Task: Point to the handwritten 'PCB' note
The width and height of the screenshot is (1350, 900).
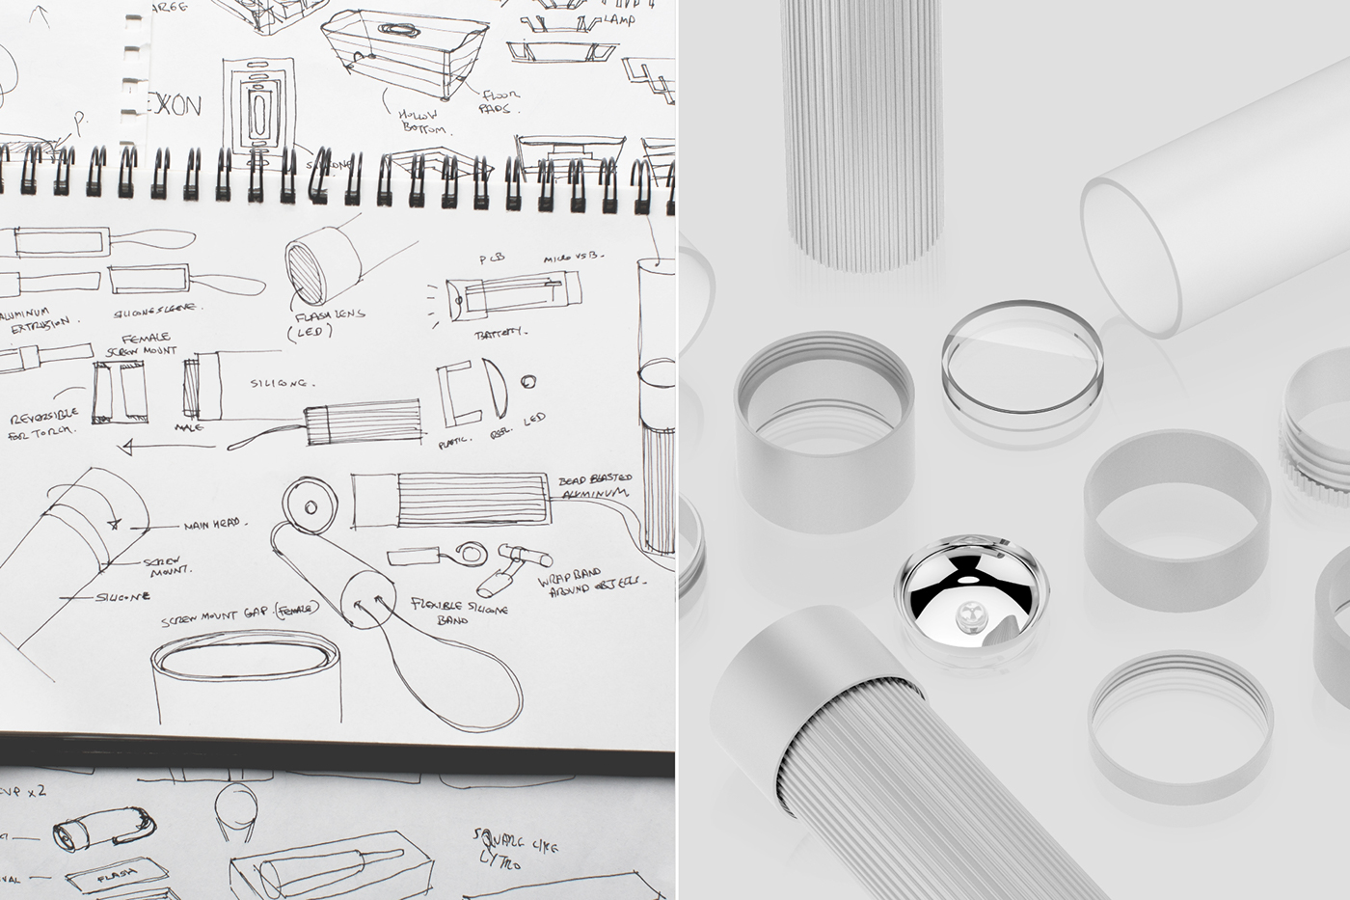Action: point(492,258)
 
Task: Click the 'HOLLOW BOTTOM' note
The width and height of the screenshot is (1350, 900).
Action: point(421,121)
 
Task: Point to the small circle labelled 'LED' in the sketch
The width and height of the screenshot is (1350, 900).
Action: point(527,379)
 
